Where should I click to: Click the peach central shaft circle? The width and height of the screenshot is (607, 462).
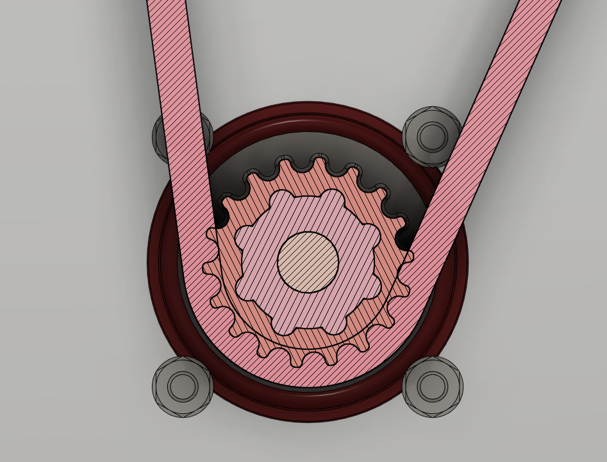(308, 261)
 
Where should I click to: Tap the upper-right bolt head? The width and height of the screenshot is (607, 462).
(432, 136)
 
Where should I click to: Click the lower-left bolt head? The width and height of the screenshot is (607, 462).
(182, 386)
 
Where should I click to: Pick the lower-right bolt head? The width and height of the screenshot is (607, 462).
(433, 386)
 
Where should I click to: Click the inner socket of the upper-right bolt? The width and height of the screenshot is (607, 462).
(432, 136)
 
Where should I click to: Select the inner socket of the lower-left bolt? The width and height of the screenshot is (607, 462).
(182, 386)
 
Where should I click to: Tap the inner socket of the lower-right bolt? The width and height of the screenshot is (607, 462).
(433, 386)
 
